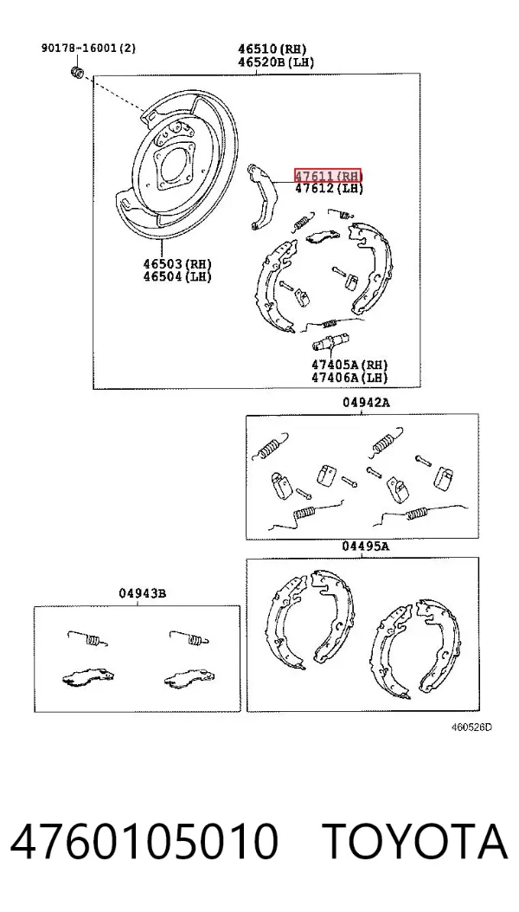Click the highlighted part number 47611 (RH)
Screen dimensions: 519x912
pyautogui.click(x=328, y=176)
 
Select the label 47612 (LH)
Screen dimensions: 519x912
pyautogui.click(x=329, y=188)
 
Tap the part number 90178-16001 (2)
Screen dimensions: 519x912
pyautogui.click(x=88, y=48)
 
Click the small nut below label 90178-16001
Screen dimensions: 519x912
pyautogui.click(x=77, y=73)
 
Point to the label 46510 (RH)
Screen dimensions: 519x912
pyautogui.click(x=272, y=49)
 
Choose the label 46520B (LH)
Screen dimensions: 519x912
pyautogui.click(x=275, y=61)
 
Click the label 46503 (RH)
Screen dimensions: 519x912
pyautogui.click(x=177, y=265)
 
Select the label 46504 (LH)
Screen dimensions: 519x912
pyautogui.click(x=177, y=277)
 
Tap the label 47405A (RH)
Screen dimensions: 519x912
pyautogui.click(x=349, y=365)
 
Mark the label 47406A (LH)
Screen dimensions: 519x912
pyautogui.click(x=349, y=378)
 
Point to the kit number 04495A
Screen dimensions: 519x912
pyautogui.click(x=365, y=547)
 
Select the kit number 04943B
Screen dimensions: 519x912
pyautogui.click(x=143, y=593)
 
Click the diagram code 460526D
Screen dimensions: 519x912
pyautogui.click(x=472, y=727)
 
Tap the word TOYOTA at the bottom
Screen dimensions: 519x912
pyautogui.click(x=414, y=842)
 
